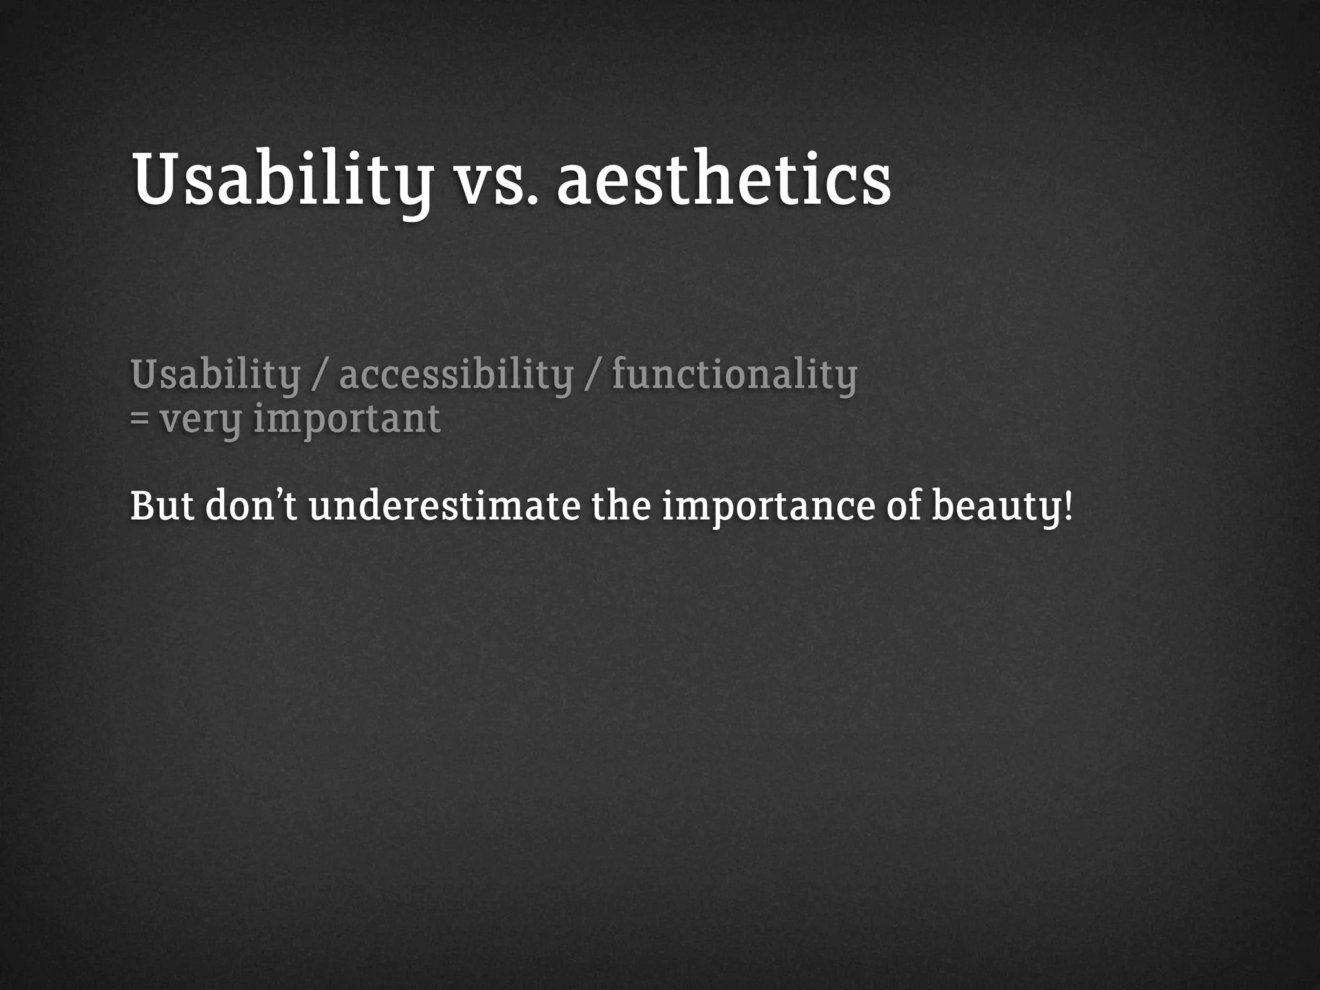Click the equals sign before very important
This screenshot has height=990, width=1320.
click(x=139, y=419)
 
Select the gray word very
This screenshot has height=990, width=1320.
click(x=200, y=420)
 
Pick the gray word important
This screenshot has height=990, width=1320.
click(x=347, y=419)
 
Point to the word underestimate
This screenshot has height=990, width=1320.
click(x=444, y=507)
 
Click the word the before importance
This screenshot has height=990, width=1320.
click(x=621, y=507)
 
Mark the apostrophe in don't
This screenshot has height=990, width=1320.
click(x=279, y=495)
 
